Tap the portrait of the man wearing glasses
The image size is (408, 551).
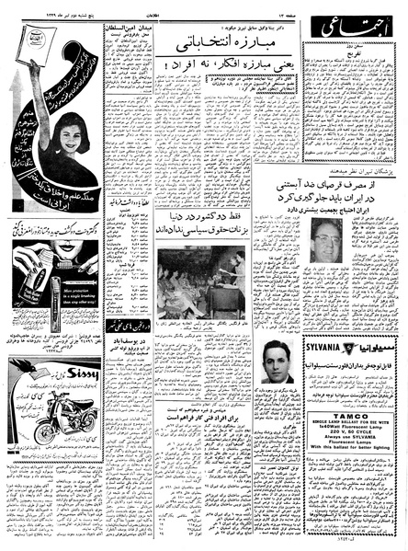pyautogui.click(x=328, y=246)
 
